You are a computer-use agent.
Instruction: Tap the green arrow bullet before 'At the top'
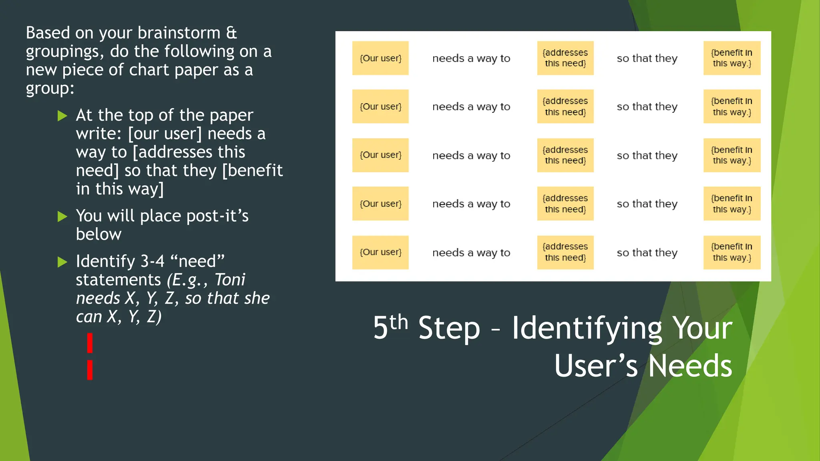pos(62,116)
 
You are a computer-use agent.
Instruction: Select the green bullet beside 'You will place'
pos(62,216)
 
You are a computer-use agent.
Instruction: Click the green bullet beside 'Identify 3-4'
pos(62,262)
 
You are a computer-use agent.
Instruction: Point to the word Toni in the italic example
pos(230,280)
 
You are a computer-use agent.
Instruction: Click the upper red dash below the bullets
pos(90,343)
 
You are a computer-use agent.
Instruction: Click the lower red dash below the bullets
pos(90,370)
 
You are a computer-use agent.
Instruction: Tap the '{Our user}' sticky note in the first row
pos(380,58)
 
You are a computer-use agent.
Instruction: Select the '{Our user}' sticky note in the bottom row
pos(380,252)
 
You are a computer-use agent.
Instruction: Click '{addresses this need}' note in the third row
pos(565,155)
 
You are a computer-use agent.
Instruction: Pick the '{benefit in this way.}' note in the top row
pos(732,58)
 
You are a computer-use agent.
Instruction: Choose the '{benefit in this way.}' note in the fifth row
pos(732,252)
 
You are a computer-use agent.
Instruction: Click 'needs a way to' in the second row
pos(471,107)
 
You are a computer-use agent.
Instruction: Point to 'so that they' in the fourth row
pos(647,204)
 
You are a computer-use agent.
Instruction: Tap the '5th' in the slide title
pos(390,327)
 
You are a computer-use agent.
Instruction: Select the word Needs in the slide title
pos(690,366)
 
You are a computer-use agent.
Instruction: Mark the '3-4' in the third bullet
pos(152,262)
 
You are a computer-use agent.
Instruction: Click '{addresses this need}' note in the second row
pos(565,106)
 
